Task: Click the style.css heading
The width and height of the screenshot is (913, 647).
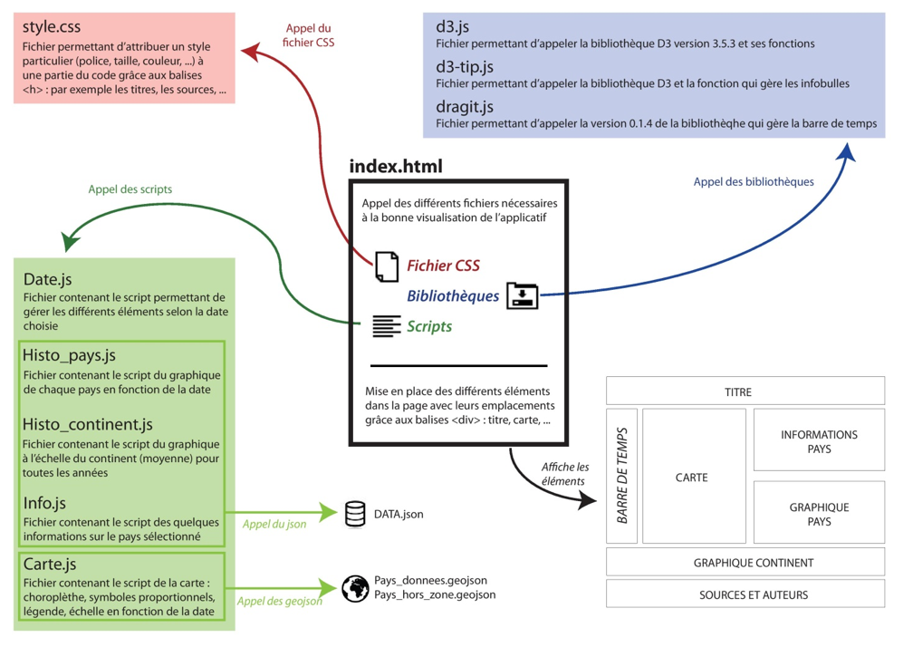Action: [58, 28]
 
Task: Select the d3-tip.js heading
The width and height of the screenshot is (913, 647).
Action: [465, 66]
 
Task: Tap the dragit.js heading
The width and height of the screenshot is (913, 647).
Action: [464, 106]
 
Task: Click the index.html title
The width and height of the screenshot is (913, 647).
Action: [396, 167]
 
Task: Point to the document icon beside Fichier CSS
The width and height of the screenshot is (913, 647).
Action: [387, 265]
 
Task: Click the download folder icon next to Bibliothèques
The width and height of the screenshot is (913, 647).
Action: [523, 295]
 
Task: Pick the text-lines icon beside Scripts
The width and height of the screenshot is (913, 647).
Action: [387, 326]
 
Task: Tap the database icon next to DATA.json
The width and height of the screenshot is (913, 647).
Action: [355, 514]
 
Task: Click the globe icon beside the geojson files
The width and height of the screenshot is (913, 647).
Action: [355, 588]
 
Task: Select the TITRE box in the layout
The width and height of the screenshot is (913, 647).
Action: [745, 391]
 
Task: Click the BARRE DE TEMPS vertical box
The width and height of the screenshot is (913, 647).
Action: [622, 476]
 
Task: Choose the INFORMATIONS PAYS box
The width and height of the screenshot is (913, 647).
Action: [819, 441]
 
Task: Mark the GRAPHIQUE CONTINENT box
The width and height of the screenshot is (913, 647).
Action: [745, 563]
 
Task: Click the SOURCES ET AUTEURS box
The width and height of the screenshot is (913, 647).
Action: [745, 594]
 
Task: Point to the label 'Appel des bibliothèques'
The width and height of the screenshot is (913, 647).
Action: [753, 182]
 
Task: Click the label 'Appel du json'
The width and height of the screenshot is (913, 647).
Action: [274, 523]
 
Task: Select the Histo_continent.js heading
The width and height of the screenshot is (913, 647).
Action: [88, 424]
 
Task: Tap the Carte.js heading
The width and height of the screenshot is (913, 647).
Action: [50, 565]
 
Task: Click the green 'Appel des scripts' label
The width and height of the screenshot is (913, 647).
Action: [130, 189]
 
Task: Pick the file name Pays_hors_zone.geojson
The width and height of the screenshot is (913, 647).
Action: [435, 595]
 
